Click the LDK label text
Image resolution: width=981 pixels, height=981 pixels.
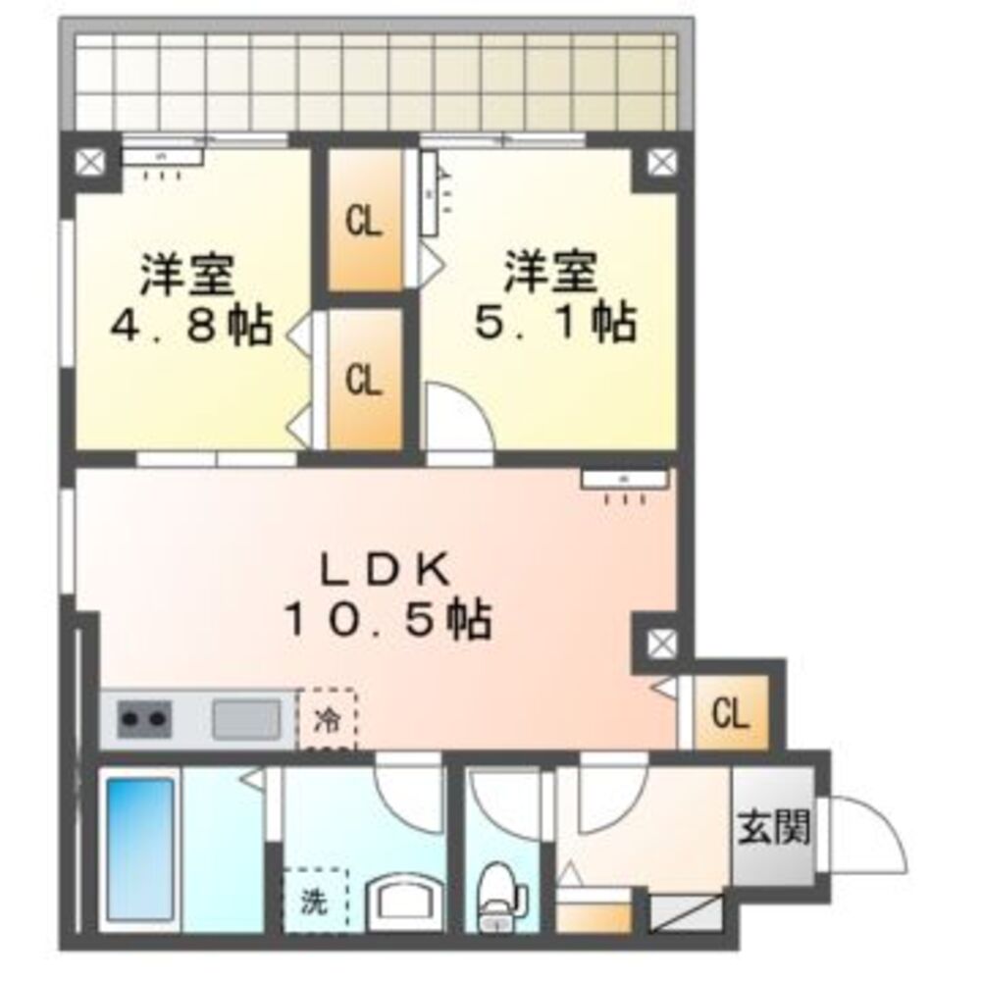coord(385,569)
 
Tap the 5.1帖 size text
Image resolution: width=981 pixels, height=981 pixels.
coord(554,324)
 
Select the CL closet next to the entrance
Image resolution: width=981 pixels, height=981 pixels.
coord(731,713)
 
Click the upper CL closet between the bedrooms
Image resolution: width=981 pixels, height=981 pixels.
coord(363,224)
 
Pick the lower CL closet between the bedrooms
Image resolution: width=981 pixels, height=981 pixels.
coord(363,381)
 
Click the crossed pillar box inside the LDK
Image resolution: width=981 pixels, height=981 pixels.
coord(659,644)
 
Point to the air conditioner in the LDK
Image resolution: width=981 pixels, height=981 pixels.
coord(624,479)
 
